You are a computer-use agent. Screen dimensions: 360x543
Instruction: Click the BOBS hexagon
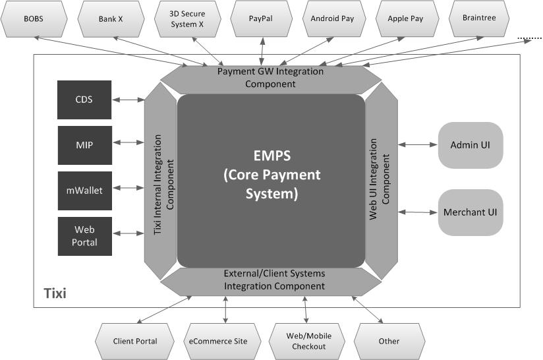click(x=34, y=18)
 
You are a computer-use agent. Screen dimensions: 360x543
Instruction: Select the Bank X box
click(x=111, y=18)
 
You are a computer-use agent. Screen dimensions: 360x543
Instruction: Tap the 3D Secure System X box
click(x=186, y=18)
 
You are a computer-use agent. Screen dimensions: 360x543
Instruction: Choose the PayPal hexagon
click(x=261, y=18)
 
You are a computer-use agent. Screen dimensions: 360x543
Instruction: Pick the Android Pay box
click(x=332, y=18)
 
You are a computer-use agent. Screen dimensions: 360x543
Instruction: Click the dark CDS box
click(x=84, y=100)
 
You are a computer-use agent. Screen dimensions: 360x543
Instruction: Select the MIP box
click(x=84, y=144)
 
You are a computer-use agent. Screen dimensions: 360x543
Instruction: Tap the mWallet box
click(x=84, y=190)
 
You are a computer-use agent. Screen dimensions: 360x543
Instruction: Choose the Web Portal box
click(x=84, y=236)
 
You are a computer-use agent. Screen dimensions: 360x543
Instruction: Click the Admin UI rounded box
click(x=470, y=144)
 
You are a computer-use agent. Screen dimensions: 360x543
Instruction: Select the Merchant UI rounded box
click(x=470, y=212)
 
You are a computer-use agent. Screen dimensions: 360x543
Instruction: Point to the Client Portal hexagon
click(x=135, y=341)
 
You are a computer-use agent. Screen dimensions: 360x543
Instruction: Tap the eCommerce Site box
click(x=218, y=341)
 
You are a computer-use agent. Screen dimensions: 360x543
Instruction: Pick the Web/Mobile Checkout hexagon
click(x=309, y=341)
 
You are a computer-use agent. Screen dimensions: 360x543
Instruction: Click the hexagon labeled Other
click(x=389, y=341)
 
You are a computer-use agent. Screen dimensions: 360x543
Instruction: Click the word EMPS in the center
click(x=271, y=156)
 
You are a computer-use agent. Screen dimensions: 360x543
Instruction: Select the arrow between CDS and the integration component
click(x=129, y=100)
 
